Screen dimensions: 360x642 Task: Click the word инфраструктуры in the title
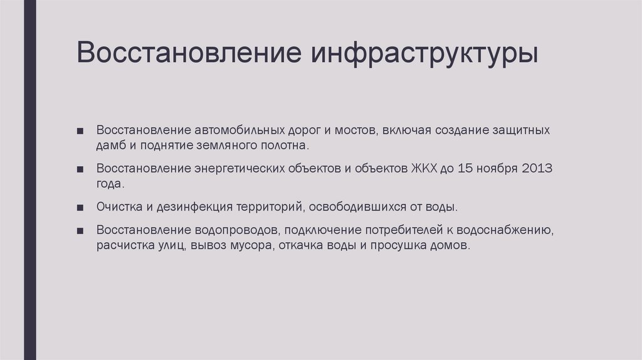pos(424,53)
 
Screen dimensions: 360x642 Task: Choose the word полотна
pos(285,146)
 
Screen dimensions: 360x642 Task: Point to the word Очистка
pos(118,206)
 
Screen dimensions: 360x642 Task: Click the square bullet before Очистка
pos(81,207)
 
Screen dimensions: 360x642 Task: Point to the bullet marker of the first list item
pos(81,131)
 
